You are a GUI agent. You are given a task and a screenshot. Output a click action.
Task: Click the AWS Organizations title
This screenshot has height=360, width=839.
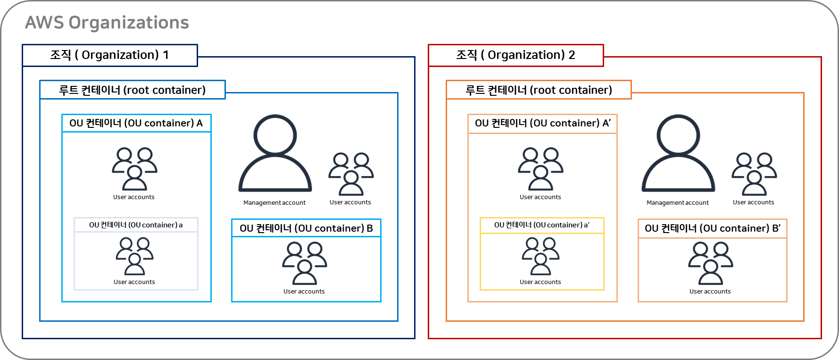tap(107, 23)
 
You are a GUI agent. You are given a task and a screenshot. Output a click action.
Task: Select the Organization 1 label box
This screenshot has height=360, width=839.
tap(109, 55)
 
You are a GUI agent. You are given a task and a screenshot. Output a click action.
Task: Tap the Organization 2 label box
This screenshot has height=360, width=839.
tap(515, 55)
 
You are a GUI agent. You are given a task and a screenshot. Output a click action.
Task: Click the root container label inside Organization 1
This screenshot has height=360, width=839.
tap(132, 90)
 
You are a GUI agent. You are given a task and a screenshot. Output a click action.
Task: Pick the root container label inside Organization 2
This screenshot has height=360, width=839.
tap(539, 90)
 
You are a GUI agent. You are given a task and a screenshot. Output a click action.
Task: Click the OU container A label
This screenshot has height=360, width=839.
tap(136, 123)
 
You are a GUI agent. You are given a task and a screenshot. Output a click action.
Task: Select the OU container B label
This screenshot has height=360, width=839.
tap(306, 228)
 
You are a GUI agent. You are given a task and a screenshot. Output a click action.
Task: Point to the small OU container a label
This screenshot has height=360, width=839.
tap(136, 225)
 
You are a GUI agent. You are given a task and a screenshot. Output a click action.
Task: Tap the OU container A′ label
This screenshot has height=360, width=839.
tap(542, 124)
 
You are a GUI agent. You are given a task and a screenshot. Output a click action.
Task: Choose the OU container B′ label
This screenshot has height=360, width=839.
tap(712, 228)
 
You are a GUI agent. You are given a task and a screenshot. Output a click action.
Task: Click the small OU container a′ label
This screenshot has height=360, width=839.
tap(542, 225)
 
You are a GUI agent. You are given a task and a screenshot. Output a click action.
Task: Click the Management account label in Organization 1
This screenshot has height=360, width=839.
tap(274, 202)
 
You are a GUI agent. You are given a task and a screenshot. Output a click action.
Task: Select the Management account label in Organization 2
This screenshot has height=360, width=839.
tap(678, 202)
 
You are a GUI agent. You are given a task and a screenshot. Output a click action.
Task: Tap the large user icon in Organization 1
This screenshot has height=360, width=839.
tap(275, 153)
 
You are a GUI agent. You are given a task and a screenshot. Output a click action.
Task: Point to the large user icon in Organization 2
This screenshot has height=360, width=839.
tap(678, 153)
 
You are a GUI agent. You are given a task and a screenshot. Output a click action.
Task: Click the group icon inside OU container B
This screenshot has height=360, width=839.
tap(305, 263)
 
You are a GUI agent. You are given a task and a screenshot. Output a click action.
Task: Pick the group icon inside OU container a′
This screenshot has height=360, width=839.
tap(541, 256)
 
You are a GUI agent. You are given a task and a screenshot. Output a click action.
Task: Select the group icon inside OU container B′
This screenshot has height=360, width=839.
tap(711, 263)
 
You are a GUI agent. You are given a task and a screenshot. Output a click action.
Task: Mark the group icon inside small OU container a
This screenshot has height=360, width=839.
tap(135, 256)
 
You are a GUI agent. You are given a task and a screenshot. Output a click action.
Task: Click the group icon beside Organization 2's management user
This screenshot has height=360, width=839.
tap(755, 174)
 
